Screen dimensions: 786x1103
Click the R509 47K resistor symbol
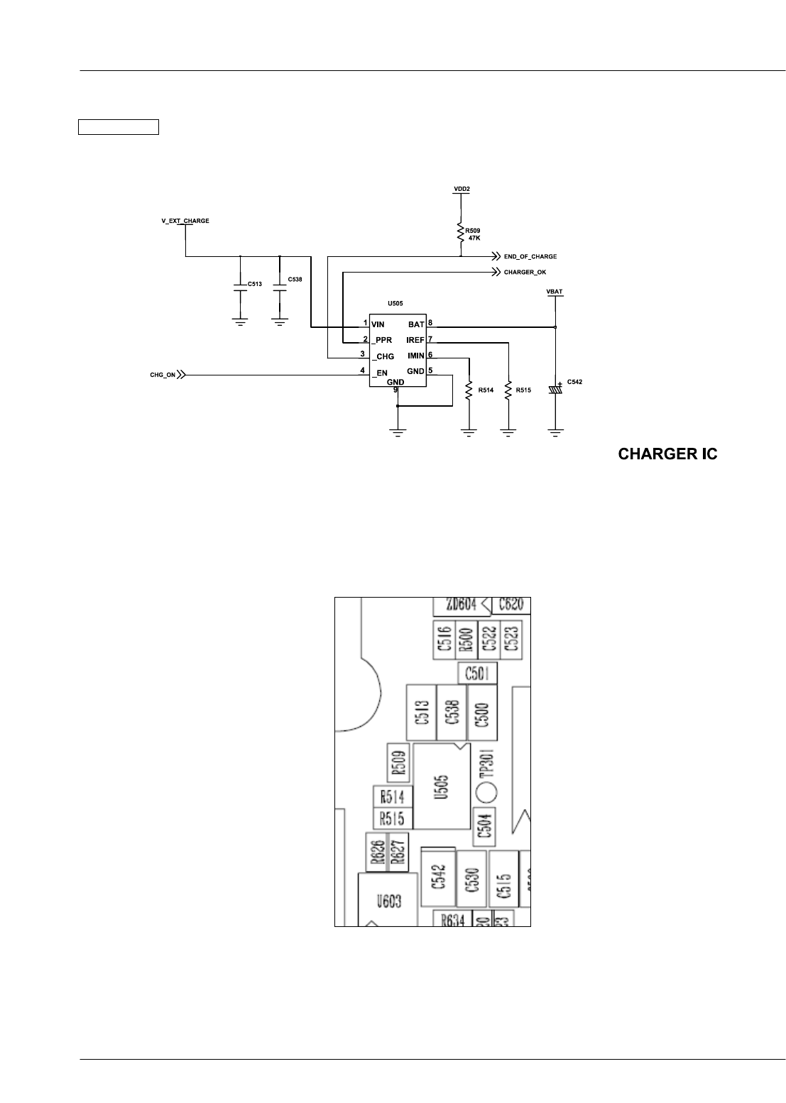click(x=461, y=232)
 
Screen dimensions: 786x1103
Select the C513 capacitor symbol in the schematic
click(x=240, y=285)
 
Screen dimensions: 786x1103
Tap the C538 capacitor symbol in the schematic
click(x=280, y=285)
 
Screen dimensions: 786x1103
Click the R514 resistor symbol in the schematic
click(x=469, y=390)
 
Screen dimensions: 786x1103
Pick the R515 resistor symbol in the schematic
click(x=508, y=390)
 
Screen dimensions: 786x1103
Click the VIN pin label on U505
click(x=378, y=324)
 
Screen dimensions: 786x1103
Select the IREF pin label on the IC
click(x=415, y=340)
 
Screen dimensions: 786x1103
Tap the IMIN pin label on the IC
click(x=415, y=356)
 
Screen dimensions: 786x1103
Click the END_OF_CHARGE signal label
click(x=530, y=256)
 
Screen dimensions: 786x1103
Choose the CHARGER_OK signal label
click(x=525, y=272)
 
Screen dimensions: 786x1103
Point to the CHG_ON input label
click(x=163, y=375)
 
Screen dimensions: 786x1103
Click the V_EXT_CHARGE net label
click(x=185, y=221)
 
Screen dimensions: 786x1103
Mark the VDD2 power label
click(x=462, y=189)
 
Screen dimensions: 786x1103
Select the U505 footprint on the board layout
click(x=442, y=786)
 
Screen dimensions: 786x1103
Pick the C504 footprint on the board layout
click(x=486, y=828)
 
